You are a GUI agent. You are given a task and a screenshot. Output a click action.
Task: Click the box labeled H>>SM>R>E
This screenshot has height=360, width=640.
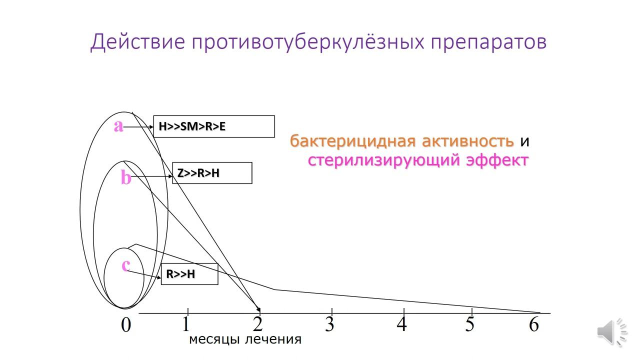[214, 126]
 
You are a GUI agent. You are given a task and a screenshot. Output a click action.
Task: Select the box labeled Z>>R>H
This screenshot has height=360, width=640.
[212, 173]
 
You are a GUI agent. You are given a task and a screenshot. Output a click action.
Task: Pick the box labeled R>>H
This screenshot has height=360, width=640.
[189, 274]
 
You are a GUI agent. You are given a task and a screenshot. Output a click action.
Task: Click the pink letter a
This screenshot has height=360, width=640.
[118, 126]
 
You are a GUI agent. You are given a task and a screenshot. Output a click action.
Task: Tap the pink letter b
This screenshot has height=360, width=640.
[126, 177]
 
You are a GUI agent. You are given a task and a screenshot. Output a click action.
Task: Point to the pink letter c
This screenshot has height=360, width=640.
[126, 265]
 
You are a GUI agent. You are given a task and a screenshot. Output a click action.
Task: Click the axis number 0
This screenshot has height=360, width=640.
[126, 325]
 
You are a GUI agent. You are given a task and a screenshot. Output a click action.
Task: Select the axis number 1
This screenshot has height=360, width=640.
[186, 324]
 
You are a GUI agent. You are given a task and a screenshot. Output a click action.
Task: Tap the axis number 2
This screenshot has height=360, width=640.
[258, 324]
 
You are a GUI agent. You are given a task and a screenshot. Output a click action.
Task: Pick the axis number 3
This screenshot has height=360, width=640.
[329, 324]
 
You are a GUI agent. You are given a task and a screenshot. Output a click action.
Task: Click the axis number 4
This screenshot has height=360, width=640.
[402, 324]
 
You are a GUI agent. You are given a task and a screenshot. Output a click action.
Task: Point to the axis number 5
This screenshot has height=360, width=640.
[470, 324]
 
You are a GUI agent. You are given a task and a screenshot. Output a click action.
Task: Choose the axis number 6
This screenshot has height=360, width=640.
[534, 324]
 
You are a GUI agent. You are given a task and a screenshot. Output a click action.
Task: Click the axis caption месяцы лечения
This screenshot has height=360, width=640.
[245, 340]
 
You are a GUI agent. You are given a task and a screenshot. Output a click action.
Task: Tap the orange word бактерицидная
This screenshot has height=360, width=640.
[353, 141]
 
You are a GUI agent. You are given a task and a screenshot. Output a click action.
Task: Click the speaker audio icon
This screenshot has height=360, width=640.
[612, 331]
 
